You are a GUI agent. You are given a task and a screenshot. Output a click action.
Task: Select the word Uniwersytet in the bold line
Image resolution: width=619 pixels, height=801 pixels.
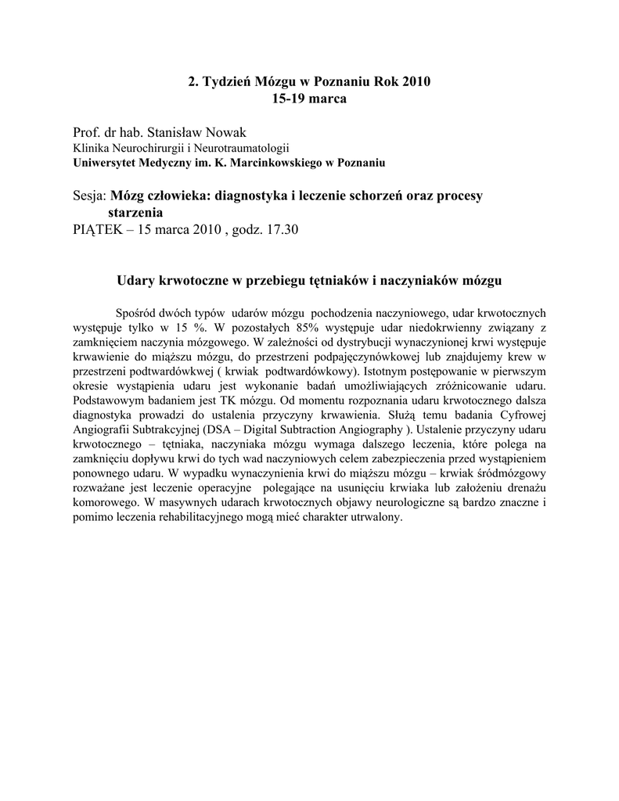(x=107, y=163)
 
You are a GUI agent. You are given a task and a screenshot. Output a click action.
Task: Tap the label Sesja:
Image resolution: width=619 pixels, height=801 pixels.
(x=89, y=196)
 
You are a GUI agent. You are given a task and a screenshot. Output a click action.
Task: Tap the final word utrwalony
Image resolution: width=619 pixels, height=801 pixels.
(x=375, y=519)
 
